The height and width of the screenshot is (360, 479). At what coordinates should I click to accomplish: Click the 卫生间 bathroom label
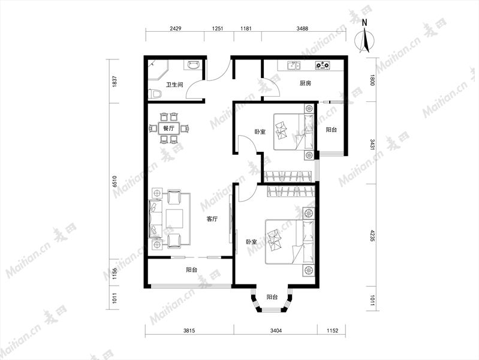[174, 85]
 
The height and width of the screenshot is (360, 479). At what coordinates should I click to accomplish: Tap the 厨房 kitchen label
[305, 83]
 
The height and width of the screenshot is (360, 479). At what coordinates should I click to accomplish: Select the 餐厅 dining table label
[168, 128]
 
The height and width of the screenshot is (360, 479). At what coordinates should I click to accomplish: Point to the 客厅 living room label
[212, 219]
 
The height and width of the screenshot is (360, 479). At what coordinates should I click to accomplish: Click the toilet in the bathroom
[155, 94]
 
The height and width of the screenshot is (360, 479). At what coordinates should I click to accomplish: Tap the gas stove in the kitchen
[323, 65]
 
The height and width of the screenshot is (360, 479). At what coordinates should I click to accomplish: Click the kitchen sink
[294, 65]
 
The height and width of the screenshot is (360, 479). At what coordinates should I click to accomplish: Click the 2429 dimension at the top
[176, 29]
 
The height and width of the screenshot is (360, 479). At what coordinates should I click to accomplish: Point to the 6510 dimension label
[115, 181]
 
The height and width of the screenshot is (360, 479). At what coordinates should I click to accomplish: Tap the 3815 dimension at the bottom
[189, 331]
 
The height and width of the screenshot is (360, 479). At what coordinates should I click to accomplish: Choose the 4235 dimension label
[372, 236]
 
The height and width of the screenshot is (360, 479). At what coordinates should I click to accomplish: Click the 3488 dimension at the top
[302, 29]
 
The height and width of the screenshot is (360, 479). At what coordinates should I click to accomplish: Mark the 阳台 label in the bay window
[272, 297]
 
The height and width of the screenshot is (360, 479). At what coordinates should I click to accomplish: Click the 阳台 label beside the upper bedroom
[331, 130]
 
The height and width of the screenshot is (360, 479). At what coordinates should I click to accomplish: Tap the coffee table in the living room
[174, 218]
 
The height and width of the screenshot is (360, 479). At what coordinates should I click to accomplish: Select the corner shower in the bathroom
[158, 70]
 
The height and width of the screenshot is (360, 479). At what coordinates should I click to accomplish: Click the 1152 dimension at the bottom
[332, 331]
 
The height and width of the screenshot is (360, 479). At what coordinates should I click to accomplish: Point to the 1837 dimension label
[115, 82]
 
